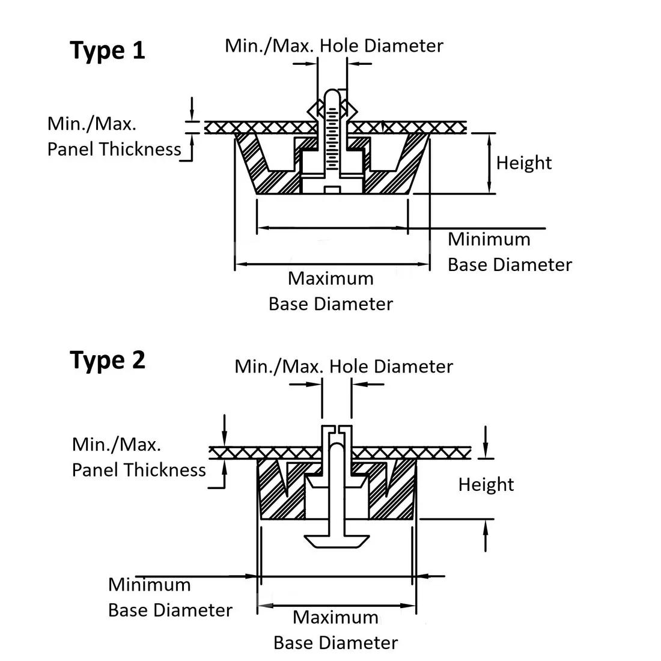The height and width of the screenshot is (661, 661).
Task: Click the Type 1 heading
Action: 108,50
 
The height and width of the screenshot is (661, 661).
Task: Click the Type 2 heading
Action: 108,360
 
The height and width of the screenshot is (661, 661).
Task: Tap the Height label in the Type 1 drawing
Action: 524,163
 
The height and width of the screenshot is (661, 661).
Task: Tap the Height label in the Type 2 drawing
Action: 486,484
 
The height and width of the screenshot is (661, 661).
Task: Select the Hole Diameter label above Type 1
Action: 334,46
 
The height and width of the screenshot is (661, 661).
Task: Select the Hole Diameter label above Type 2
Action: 344,367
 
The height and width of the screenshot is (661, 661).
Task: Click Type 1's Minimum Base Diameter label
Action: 510,252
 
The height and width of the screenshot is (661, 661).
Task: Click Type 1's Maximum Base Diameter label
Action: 330,291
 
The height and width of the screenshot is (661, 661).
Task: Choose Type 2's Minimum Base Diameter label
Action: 170,597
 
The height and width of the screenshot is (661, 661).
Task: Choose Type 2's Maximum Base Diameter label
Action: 335,630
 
